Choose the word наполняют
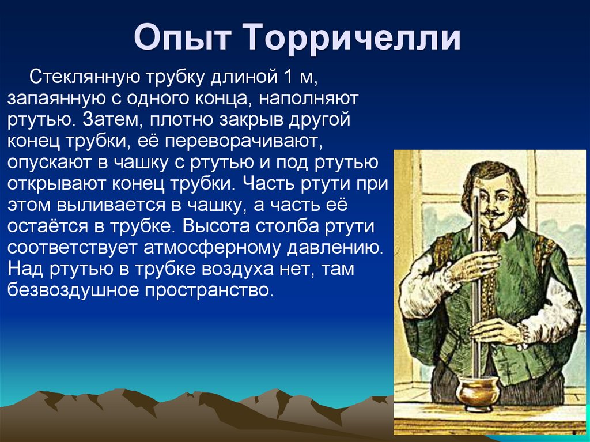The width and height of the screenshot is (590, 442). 309,99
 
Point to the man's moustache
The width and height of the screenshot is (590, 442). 495,213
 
